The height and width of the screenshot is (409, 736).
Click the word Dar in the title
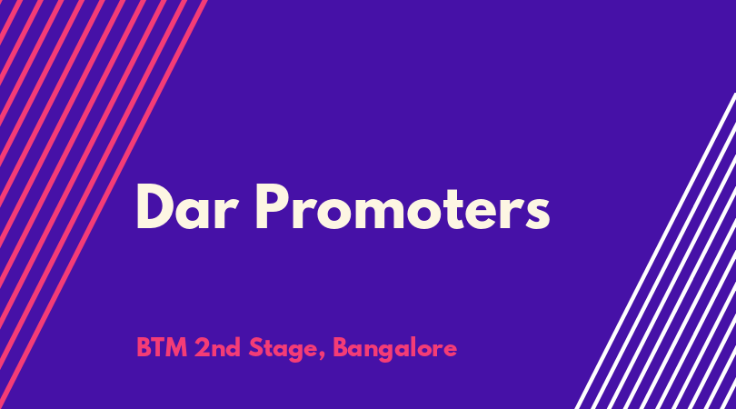[x=184, y=206]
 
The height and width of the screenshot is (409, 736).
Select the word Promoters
[x=403, y=206]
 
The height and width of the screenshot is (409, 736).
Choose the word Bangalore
[x=394, y=349]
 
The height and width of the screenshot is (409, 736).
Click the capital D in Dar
[x=154, y=206]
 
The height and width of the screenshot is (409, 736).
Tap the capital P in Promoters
[x=271, y=206]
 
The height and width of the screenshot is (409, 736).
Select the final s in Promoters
[x=537, y=214]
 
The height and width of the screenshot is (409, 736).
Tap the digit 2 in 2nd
[x=202, y=348]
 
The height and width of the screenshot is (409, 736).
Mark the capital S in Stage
[x=255, y=348]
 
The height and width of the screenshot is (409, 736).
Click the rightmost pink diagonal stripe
[x=104, y=204]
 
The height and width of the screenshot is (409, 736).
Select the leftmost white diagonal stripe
[x=656, y=251]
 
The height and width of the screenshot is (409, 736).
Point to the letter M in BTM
[x=177, y=348]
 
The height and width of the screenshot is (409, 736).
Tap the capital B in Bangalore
[x=340, y=348]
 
